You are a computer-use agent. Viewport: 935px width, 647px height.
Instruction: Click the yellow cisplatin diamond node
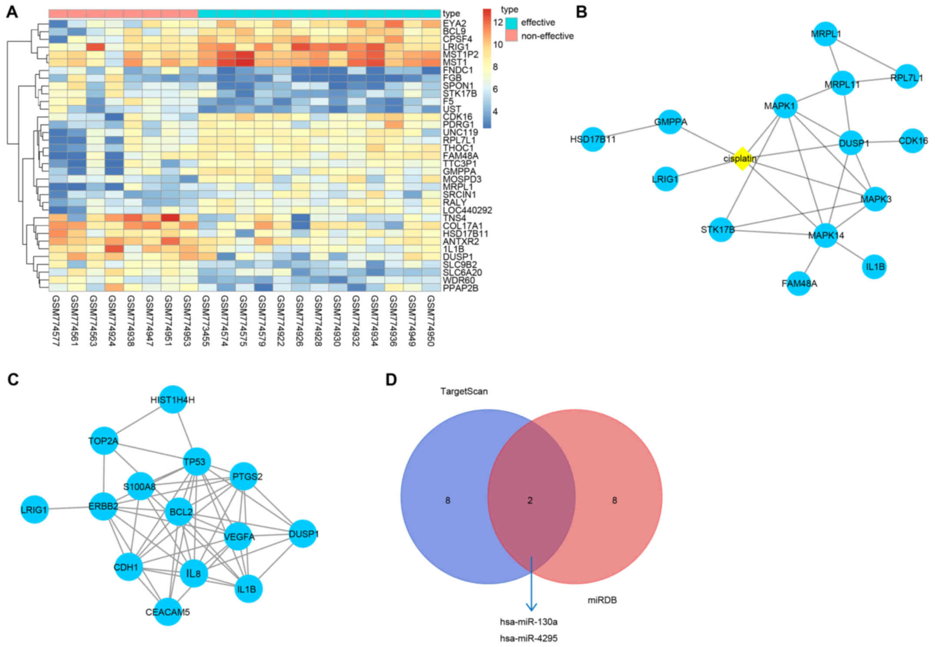point(741,158)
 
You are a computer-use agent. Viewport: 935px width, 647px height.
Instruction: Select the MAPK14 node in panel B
point(825,235)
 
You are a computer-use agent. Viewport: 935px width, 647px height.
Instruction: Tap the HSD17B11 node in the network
point(593,139)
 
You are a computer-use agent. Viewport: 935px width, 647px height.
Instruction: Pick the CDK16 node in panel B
point(912,140)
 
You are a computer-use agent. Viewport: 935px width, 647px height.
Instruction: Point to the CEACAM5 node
point(168,611)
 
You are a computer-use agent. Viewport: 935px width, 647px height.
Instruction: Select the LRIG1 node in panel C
point(34,509)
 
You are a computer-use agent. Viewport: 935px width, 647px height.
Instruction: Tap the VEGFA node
point(239,537)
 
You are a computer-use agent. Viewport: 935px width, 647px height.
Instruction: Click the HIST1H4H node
point(173,399)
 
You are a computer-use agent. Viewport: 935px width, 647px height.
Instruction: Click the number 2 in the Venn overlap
point(530,500)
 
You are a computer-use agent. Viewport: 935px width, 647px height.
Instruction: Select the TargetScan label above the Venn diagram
point(464,391)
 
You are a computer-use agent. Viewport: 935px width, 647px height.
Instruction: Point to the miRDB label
point(602,600)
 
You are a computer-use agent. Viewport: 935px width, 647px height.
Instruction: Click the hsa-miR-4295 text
point(528,638)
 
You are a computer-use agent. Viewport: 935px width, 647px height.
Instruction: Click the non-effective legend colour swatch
point(511,36)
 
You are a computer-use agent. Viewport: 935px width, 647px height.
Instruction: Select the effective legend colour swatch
point(511,22)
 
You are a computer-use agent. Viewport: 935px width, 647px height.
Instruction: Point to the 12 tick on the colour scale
point(498,22)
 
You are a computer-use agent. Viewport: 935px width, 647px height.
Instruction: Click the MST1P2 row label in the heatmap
point(461,54)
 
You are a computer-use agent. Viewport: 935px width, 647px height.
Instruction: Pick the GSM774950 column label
point(430,321)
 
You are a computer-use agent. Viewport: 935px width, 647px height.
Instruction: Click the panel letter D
point(391,380)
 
